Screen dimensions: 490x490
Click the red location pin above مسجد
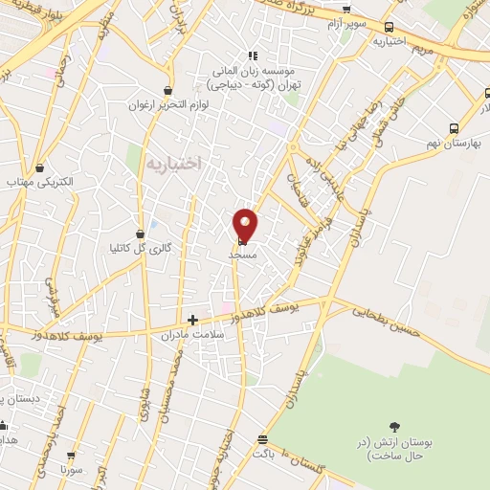(246, 224)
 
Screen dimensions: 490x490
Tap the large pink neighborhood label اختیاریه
(176, 165)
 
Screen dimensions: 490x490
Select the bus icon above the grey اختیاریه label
(389, 28)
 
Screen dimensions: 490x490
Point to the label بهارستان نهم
(462, 144)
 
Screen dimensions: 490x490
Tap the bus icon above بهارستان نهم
(456, 127)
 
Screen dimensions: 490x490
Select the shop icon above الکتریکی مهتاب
(42, 166)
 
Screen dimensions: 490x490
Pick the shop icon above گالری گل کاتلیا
(141, 233)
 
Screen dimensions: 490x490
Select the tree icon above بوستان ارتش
(393, 427)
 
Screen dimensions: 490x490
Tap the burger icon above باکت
(262, 439)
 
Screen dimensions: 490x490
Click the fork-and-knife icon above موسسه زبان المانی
(253, 56)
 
